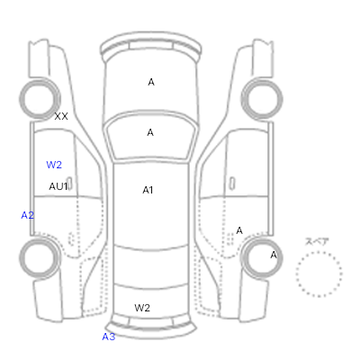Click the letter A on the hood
pyautogui.click(x=151, y=82)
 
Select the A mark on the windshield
pyautogui.click(x=150, y=132)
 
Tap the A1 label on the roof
pyautogui.click(x=148, y=190)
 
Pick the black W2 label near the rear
pyautogui.click(x=142, y=308)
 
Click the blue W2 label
pyautogui.click(x=54, y=165)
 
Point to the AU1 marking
pyautogui.click(x=58, y=186)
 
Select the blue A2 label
pyautogui.click(x=27, y=215)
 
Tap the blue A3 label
pyautogui.click(x=109, y=337)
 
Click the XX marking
pyautogui.click(x=61, y=116)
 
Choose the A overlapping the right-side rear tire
pyautogui.click(x=274, y=255)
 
